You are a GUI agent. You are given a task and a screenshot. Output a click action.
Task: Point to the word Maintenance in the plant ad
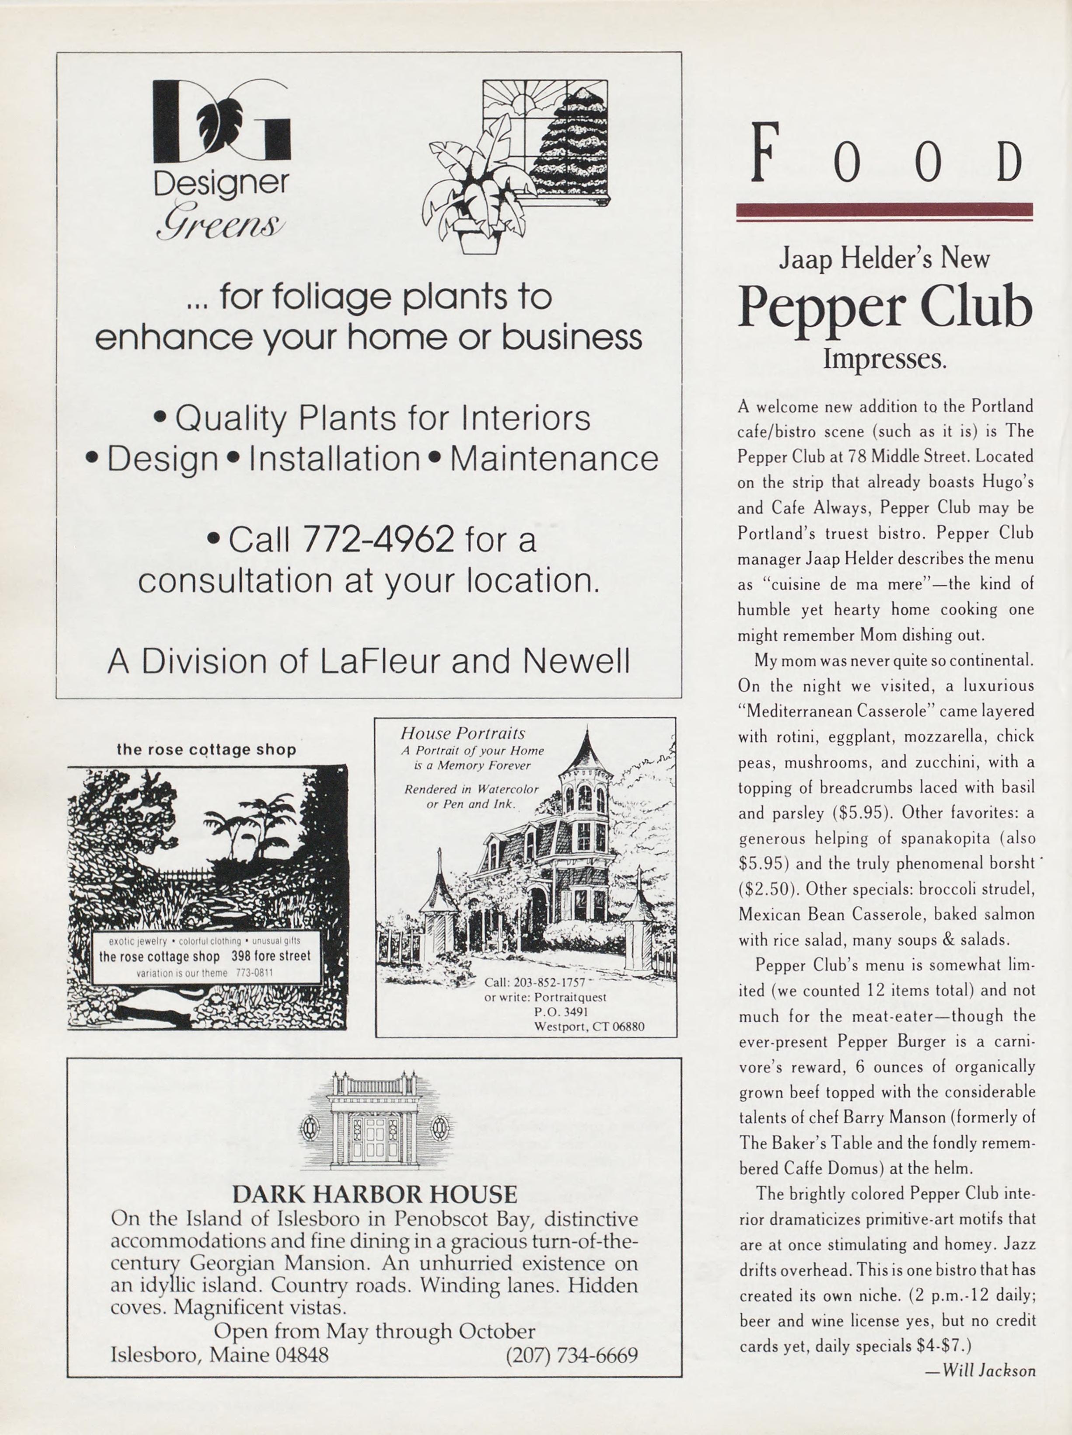554,459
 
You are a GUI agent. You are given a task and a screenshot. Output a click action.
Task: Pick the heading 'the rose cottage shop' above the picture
206,750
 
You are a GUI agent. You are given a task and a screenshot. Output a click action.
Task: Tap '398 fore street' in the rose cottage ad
271,956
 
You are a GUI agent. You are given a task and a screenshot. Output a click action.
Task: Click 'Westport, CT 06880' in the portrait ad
589,1027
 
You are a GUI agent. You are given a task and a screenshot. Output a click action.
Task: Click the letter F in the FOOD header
765,154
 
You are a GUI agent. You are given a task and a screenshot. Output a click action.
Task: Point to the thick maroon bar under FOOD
884,209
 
